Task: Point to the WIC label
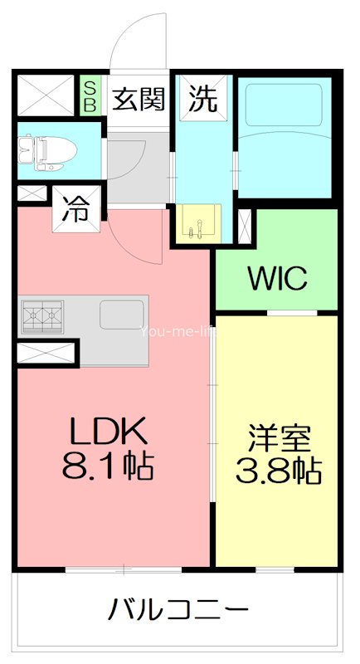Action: click(277, 278)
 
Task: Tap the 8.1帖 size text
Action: click(108, 466)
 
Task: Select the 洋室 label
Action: click(278, 437)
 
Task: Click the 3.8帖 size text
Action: click(278, 471)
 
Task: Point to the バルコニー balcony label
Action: click(179, 612)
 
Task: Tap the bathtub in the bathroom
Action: click(286, 137)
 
